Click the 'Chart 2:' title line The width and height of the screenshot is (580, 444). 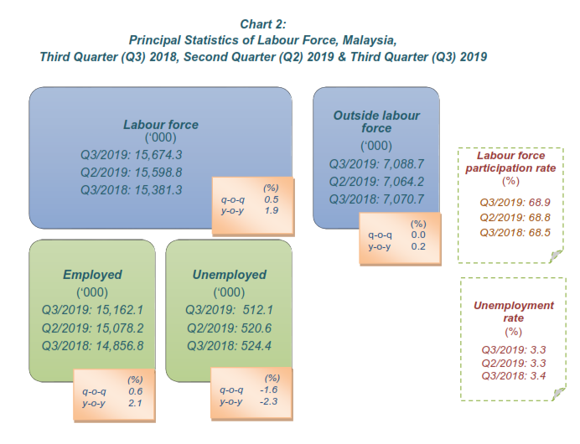click(x=264, y=23)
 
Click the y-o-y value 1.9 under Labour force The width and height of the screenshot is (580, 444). click(x=272, y=211)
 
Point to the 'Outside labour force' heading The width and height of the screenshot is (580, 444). click(x=376, y=121)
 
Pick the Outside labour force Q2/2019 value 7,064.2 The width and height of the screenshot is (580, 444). click(x=401, y=181)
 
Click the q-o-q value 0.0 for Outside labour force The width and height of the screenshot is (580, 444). click(x=418, y=235)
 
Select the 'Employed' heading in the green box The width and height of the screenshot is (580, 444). click(x=92, y=275)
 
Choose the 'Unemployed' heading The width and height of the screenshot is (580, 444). click(x=229, y=275)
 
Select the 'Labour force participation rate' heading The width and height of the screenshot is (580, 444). click(x=510, y=162)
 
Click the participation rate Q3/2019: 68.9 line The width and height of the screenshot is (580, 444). click(x=515, y=203)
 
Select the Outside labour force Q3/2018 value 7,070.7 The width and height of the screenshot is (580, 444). click(x=401, y=199)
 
